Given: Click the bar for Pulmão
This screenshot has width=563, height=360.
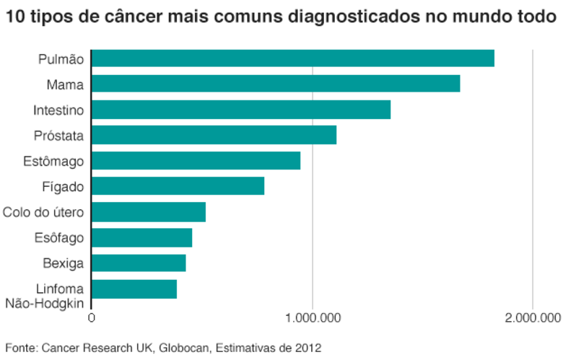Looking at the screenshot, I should click(293, 58).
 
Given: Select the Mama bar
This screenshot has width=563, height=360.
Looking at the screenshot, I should click(276, 84).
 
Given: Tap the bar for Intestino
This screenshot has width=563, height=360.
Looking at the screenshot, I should click(241, 110).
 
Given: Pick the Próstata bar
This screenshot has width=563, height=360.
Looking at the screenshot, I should click(214, 135).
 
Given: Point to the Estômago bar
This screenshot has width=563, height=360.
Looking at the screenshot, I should click(196, 161).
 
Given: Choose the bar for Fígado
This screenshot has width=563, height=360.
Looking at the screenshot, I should click(178, 186).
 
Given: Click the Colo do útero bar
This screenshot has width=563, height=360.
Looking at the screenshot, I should click(149, 212).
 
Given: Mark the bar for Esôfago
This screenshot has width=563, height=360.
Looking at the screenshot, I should click(142, 237).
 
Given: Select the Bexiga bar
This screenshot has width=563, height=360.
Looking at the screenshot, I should click(139, 263).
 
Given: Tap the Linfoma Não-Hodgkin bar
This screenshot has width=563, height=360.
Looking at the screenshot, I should click(134, 289).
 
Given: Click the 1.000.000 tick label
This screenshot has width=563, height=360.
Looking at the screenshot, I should click(312, 317).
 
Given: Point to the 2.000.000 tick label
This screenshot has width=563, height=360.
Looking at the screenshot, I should click(532, 317).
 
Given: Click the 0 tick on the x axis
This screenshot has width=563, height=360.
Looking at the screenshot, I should click(91, 317).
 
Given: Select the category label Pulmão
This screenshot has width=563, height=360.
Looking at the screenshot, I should click(61, 59).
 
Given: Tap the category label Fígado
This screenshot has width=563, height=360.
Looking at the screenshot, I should click(64, 187).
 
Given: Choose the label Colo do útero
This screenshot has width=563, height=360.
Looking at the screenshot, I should click(43, 212).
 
